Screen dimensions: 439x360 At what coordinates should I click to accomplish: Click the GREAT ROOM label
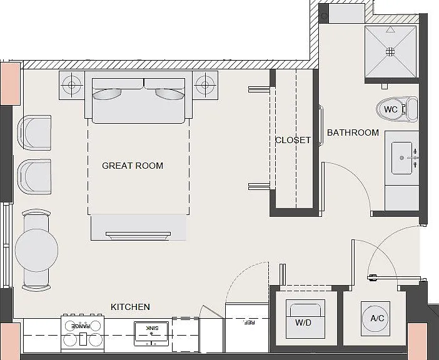click(133, 166)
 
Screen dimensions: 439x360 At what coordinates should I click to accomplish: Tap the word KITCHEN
click(130, 307)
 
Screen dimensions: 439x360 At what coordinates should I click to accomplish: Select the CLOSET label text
click(293, 140)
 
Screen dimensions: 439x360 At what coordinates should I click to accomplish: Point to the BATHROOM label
click(353, 132)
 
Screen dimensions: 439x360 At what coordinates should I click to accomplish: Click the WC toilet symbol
click(397, 109)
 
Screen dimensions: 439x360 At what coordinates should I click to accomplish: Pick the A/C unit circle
click(375, 318)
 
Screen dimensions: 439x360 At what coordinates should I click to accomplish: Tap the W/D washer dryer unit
click(305, 319)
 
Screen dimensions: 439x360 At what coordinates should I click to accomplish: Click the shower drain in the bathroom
click(390, 51)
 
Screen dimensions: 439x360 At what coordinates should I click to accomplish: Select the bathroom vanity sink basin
click(401, 158)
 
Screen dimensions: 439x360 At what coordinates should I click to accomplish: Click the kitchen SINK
click(151, 334)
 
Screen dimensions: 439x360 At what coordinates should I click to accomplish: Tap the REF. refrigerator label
click(250, 322)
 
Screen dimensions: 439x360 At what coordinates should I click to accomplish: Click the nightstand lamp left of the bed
click(72, 85)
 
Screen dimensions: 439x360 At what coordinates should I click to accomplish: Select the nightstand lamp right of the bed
click(205, 85)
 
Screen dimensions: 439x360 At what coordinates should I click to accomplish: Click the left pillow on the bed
click(107, 94)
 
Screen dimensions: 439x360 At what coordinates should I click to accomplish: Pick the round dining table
click(37, 250)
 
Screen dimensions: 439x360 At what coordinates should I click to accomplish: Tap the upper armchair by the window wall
click(34, 132)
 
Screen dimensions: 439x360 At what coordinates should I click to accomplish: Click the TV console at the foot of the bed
click(138, 227)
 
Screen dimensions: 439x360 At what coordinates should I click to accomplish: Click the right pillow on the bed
click(170, 94)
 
